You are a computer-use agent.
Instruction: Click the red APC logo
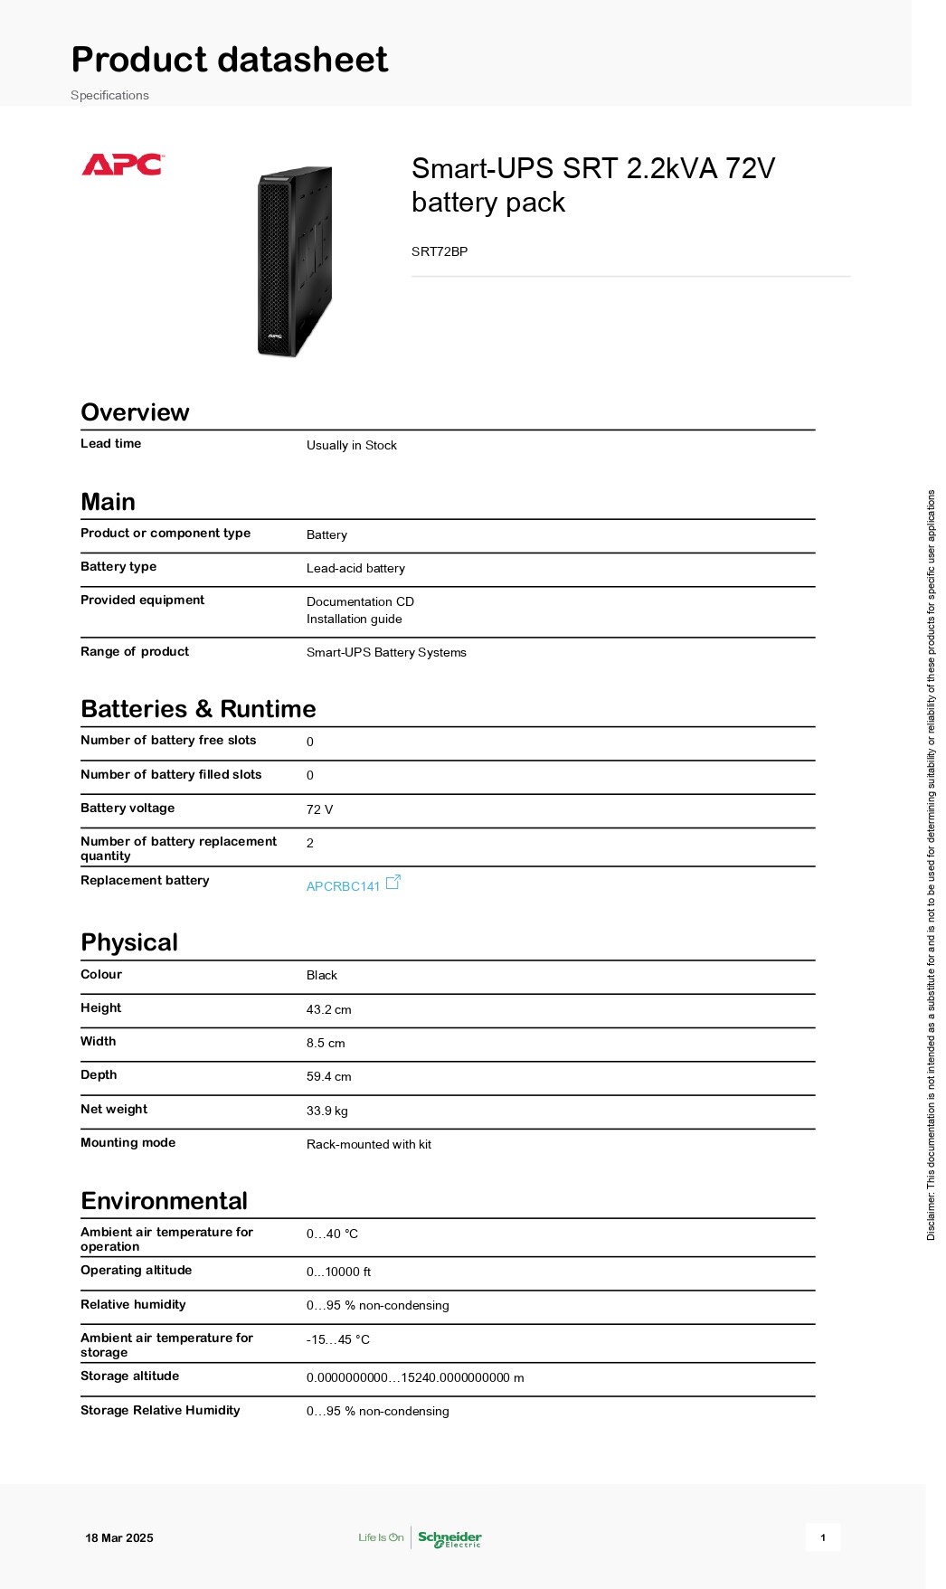(122, 165)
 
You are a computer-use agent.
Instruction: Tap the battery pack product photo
(295, 261)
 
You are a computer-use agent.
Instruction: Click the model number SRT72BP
(440, 251)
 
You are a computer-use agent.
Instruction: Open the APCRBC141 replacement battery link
(343, 886)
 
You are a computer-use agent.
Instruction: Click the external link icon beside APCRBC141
(393, 883)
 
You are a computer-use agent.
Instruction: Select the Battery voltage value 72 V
(319, 809)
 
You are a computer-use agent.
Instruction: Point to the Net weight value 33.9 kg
(326, 1111)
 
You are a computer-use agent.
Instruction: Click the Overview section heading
(135, 412)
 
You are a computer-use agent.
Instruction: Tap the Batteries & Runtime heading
(198, 709)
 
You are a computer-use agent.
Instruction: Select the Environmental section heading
(164, 1201)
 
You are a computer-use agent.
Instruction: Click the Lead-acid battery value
(355, 568)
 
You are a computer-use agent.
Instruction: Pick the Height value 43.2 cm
(328, 1009)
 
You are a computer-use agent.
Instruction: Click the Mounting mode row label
(128, 1142)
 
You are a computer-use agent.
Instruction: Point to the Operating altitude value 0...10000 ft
(338, 1272)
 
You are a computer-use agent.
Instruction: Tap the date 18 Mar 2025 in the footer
(119, 1537)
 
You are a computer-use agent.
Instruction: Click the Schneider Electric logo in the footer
(449, 1538)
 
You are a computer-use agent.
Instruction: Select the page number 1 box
(823, 1537)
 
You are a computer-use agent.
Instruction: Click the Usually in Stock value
(351, 445)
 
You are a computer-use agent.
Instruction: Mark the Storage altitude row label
(129, 1376)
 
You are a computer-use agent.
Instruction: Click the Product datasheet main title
(230, 60)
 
